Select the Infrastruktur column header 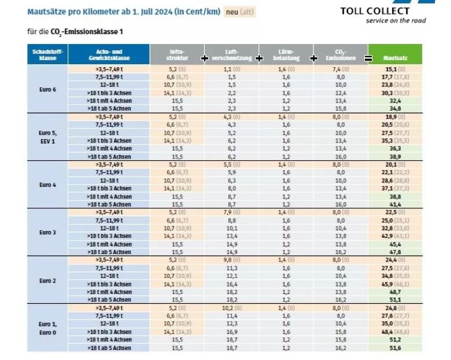pyautogui.click(x=177, y=54)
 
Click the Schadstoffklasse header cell pyautogui.click(x=47, y=54)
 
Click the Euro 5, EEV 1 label pyautogui.click(x=47, y=136)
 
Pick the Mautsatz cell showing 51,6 pyautogui.click(x=395, y=347)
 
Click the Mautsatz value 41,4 pyautogui.click(x=395, y=204)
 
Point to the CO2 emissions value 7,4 pyautogui.click(x=338, y=69)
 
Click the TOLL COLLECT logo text pyautogui.click(x=382, y=10)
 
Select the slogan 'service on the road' pyautogui.click(x=395, y=21)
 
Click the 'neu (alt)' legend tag pyautogui.click(x=239, y=12)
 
